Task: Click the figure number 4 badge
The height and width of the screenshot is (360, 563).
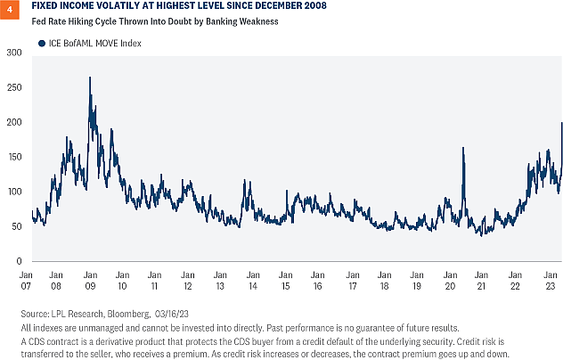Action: [x=9, y=8]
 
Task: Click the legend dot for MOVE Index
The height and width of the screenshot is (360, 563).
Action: [x=41, y=43]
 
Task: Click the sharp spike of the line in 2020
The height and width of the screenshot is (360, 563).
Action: [x=464, y=148]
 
